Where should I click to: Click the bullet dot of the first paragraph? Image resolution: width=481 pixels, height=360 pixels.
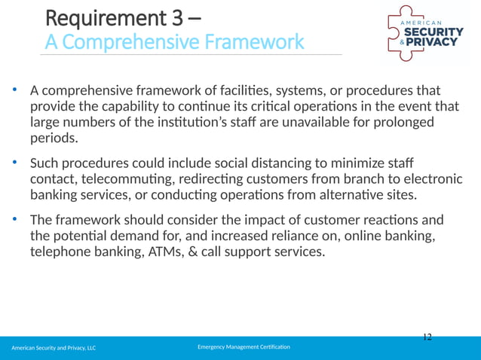pos(14,90)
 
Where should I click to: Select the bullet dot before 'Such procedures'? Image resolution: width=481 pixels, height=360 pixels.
pos(14,163)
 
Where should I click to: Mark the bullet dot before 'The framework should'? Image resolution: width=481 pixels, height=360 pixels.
pos(14,220)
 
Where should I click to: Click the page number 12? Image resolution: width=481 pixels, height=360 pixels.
pos(427,337)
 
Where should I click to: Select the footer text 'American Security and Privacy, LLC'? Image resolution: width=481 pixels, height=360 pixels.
pos(53,348)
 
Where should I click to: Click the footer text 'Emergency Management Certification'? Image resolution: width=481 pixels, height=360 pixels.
pos(244,346)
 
